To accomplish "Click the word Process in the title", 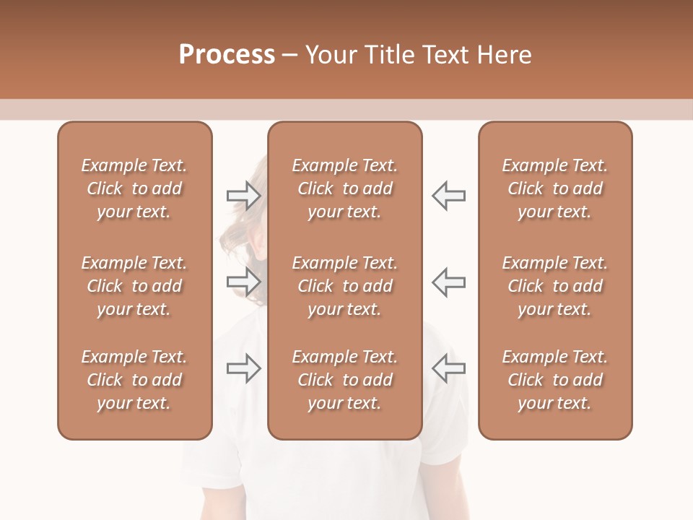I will point(227,55).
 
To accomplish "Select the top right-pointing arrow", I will point(244,195).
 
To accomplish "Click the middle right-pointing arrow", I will point(244,282).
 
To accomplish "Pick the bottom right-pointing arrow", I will point(244,368).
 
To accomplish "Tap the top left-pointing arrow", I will point(449,195).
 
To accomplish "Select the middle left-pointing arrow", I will point(449,282).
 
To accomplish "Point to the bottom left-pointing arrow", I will point(449,368).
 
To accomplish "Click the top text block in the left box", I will point(134,188).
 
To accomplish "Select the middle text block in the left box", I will point(134,286).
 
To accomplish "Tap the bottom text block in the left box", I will point(134,380).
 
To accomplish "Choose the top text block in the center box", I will point(345,188).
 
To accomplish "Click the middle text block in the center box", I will point(345,286).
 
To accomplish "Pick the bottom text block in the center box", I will point(345,380).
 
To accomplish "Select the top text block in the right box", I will point(555,188).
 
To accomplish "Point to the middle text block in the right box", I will point(555,286).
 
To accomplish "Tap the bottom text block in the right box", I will point(555,380).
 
